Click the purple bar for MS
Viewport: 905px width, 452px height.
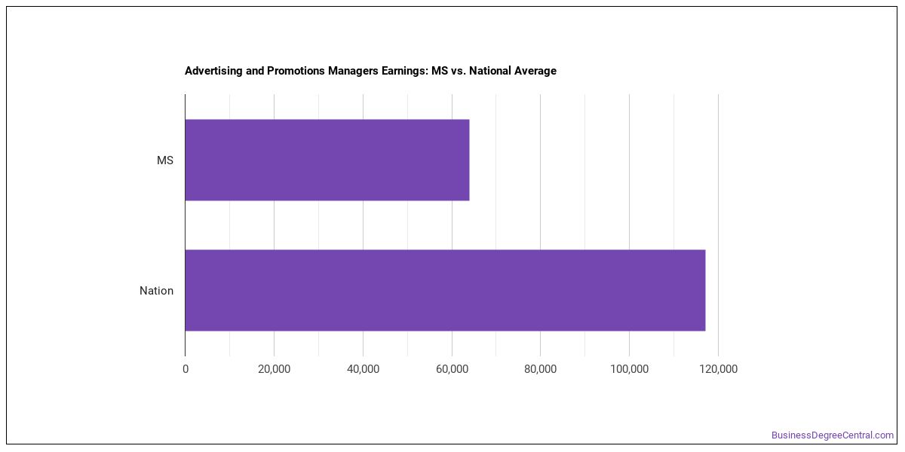tap(327, 160)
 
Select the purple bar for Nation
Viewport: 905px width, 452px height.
tap(445, 290)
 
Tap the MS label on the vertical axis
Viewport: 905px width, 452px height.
tap(165, 160)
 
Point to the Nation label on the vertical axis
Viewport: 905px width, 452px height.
tap(156, 291)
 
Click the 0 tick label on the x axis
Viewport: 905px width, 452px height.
tap(186, 369)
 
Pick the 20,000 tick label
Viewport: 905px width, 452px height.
tap(275, 369)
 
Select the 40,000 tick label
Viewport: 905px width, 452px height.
tap(364, 369)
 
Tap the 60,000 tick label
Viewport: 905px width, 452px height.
tap(452, 369)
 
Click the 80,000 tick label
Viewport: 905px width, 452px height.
tap(541, 369)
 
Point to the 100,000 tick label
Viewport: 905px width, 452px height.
tap(630, 369)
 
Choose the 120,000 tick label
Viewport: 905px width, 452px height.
tap(718, 369)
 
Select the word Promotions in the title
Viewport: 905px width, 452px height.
tap(296, 71)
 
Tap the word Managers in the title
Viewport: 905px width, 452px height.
tap(354, 72)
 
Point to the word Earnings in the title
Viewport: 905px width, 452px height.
tap(405, 72)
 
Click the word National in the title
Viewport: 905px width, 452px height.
tap(489, 71)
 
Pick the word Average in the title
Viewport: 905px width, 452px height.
tap(535, 72)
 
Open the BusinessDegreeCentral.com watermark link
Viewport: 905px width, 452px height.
tap(833, 435)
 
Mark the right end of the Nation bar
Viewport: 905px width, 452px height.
tap(705, 290)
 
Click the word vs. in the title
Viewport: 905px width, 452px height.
tap(458, 72)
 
